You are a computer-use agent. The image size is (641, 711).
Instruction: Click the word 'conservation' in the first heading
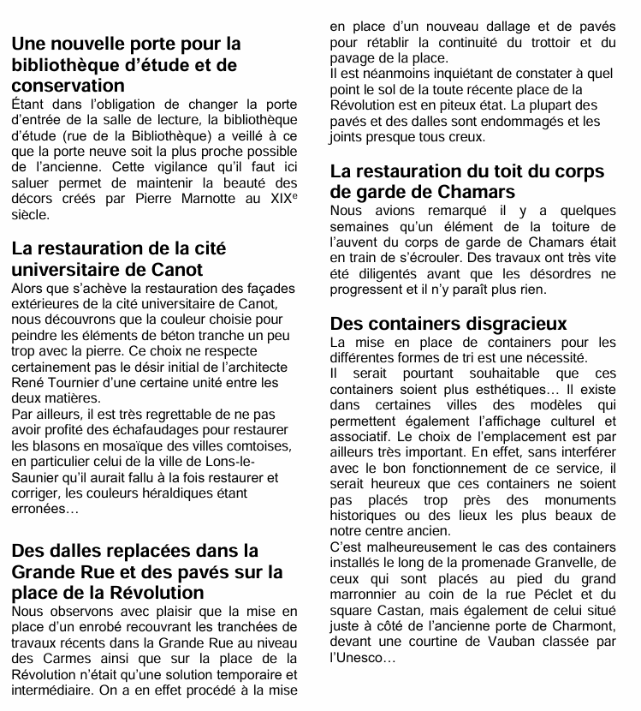[68, 86]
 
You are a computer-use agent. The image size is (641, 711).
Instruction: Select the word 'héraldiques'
[185, 493]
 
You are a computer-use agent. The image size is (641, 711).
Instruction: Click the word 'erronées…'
[45, 508]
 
